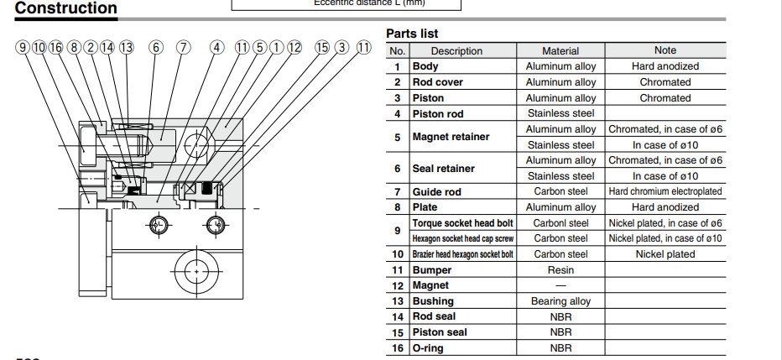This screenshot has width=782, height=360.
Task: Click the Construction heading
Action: click(x=66, y=9)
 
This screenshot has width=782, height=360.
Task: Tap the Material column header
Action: click(x=560, y=51)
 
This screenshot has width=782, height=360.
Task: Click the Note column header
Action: click(x=665, y=50)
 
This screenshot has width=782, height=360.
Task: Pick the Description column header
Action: click(x=456, y=51)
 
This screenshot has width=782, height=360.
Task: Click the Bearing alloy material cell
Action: click(x=560, y=301)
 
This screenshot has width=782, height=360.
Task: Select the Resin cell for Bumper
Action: click(x=560, y=270)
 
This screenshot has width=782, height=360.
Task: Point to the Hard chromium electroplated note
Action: click(x=665, y=191)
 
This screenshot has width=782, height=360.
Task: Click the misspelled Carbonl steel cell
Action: click(x=560, y=223)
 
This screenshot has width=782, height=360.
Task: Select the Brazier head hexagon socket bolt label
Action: click(x=462, y=254)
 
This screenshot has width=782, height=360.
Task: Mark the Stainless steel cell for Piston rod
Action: click(x=560, y=113)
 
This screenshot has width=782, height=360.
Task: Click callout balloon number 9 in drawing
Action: click(x=22, y=47)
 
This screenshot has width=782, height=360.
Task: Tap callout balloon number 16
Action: click(x=55, y=47)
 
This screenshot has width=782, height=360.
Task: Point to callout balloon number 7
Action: click(x=183, y=47)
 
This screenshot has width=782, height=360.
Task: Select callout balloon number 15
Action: click(x=322, y=47)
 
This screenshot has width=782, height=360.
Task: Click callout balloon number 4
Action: click(x=217, y=47)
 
